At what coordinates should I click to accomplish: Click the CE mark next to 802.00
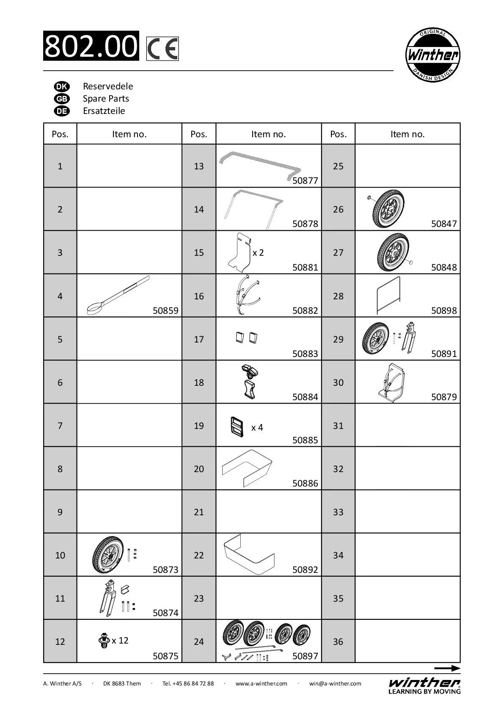click(x=162, y=49)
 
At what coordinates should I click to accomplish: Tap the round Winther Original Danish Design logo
click(x=432, y=55)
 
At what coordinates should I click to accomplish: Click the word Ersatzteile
click(x=104, y=111)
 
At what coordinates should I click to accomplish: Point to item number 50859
click(x=165, y=310)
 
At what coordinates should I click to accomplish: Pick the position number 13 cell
click(x=199, y=166)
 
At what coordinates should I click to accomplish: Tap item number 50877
click(x=305, y=181)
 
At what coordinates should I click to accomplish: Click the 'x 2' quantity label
click(x=258, y=253)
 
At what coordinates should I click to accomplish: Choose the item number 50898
click(x=444, y=310)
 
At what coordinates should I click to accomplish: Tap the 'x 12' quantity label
click(x=120, y=640)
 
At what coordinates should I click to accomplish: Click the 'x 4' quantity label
click(x=257, y=428)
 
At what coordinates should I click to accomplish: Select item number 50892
click(x=305, y=569)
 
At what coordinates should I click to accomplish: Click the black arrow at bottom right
click(x=447, y=668)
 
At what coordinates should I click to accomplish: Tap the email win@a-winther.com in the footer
click(x=335, y=683)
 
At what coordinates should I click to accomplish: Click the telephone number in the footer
click(x=188, y=683)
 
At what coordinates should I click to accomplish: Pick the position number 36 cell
click(x=338, y=641)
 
